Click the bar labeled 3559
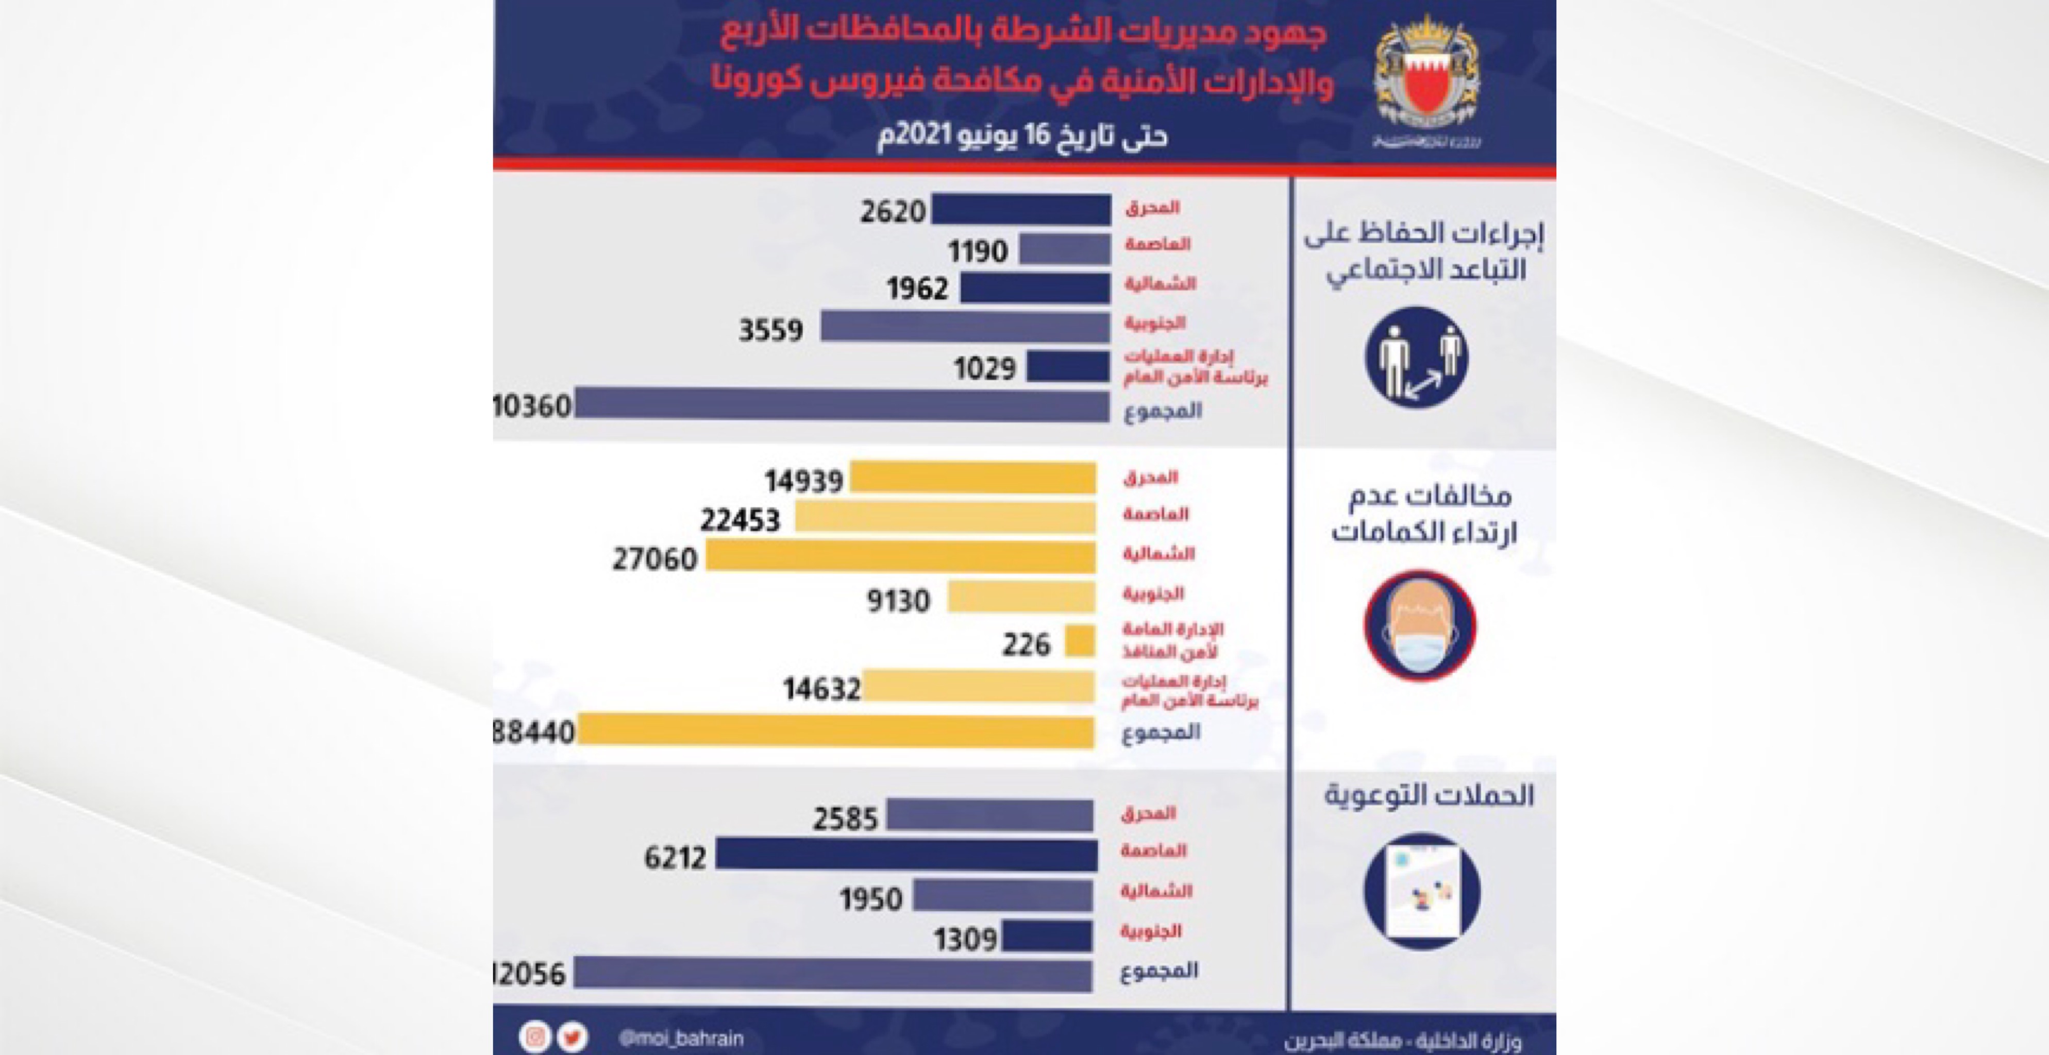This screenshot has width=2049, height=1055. click(x=965, y=327)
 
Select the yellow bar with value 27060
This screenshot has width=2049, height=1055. click(x=900, y=557)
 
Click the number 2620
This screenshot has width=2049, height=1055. click(x=893, y=212)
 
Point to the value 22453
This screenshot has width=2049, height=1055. click(x=740, y=520)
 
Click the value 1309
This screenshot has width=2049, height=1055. click(x=965, y=939)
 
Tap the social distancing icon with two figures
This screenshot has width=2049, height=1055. click(x=1417, y=358)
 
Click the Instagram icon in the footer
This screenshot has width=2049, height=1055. click(x=535, y=1037)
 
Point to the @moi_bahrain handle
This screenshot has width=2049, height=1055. click(x=681, y=1037)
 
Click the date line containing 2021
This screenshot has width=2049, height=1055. click(x=1022, y=136)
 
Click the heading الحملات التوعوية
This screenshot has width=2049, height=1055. click(x=1429, y=795)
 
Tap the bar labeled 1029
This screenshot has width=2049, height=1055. click(x=1067, y=366)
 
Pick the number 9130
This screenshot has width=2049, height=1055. click(x=898, y=600)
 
